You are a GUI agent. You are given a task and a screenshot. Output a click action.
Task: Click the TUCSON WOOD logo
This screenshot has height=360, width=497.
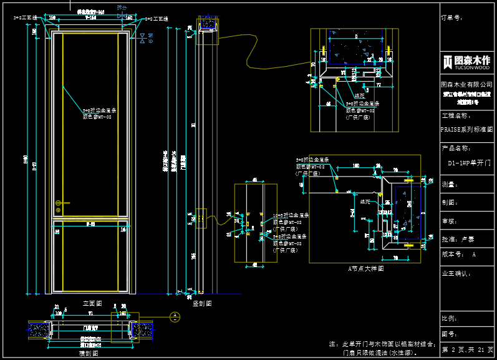[467, 62]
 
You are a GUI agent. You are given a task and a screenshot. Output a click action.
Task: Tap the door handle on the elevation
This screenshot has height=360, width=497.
[59, 203]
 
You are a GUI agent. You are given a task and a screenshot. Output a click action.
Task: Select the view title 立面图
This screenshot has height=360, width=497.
[92, 303]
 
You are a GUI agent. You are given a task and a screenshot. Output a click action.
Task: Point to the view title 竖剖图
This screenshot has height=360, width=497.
[202, 303]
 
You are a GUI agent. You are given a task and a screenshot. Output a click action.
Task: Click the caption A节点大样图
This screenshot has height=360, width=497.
[365, 268]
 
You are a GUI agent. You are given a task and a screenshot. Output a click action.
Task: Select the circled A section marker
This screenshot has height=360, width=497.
[176, 316]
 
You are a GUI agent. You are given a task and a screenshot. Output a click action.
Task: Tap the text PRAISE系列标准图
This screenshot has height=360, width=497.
[466, 130]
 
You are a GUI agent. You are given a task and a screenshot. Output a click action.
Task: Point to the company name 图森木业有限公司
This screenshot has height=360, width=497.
[466, 84]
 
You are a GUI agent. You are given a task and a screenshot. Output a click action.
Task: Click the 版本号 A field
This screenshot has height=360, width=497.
[459, 255]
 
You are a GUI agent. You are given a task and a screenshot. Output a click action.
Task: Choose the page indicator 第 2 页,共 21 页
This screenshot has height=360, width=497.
[467, 350]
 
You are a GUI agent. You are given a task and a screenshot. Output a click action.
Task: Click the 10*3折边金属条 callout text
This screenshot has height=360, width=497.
[291, 215]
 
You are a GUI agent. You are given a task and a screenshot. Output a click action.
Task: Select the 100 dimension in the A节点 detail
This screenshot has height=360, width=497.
[356, 166]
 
